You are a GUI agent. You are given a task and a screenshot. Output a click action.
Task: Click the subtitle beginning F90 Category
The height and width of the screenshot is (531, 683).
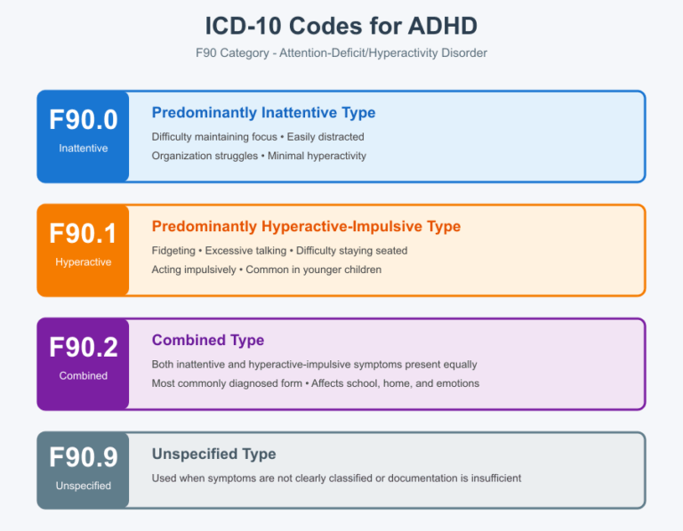[341, 52]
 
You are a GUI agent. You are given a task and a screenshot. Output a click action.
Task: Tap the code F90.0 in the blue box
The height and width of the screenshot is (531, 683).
[83, 119]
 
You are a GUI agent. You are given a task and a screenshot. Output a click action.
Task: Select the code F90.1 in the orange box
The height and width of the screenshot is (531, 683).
[83, 233]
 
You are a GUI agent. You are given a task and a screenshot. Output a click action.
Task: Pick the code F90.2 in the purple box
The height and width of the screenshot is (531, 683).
[83, 347]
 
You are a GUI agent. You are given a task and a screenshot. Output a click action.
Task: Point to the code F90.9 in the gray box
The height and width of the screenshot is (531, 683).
[83, 457]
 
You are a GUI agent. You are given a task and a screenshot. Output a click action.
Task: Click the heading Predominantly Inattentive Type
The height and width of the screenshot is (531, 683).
[263, 113]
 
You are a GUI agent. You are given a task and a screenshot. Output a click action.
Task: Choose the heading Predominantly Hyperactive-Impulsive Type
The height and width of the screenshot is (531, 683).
[306, 227]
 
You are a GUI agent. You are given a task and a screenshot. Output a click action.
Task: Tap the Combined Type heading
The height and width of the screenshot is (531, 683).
[208, 341]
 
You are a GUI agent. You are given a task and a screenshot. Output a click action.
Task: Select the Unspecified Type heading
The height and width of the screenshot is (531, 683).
[213, 455]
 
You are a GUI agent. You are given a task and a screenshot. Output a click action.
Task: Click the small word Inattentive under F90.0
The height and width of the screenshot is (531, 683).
[83, 149]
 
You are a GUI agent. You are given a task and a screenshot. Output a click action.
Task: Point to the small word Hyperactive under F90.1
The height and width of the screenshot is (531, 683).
[83, 262]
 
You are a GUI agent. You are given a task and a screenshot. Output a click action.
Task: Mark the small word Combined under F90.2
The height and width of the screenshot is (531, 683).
[83, 376]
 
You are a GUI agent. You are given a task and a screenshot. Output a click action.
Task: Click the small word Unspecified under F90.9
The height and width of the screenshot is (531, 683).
[83, 486]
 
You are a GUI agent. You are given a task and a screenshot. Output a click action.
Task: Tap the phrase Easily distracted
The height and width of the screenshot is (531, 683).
[325, 137]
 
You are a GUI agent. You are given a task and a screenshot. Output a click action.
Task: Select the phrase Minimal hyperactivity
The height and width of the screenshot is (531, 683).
[317, 156]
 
